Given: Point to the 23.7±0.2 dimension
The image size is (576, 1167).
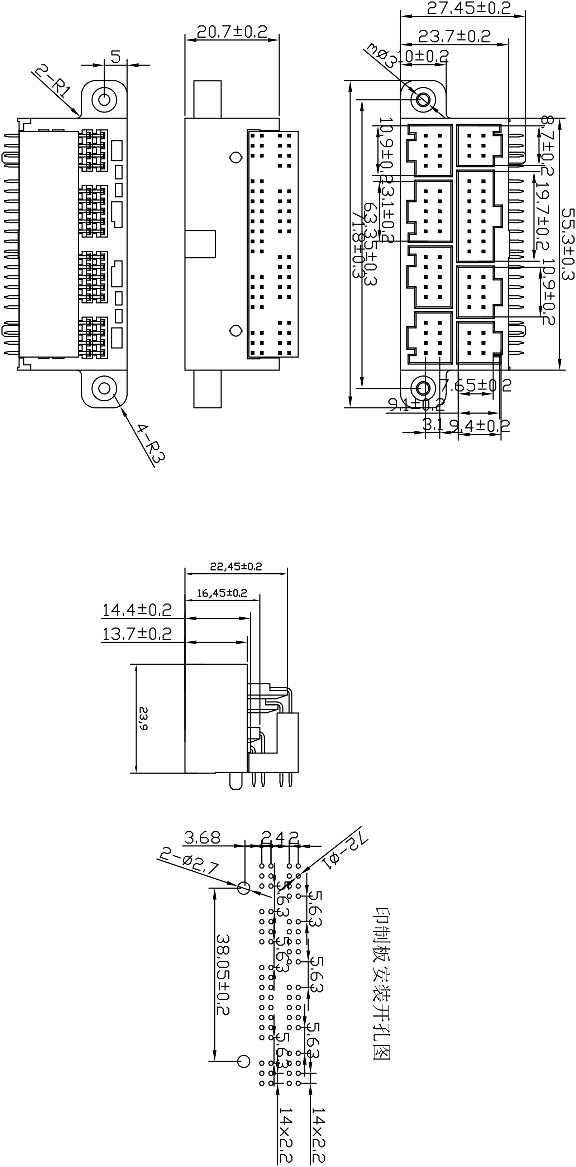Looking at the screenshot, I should pyautogui.click(x=454, y=36).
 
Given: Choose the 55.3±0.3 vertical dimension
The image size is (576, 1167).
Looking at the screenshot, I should pyautogui.click(x=567, y=244).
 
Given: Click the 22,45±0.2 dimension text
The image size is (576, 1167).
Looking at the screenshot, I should pyautogui.click(x=235, y=566).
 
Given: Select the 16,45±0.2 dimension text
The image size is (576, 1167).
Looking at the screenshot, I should pyautogui.click(x=222, y=593).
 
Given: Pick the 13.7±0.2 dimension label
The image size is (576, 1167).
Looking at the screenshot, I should pyautogui.click(x=137, y=634).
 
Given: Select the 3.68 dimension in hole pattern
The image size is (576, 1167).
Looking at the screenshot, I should pyautogui.click(x=202, y=838).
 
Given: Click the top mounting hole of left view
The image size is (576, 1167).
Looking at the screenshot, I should pyautogui.click(x=104, y=99).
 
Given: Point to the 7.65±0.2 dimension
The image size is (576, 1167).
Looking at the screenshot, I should pyautogui.click(x=476, y=386).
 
